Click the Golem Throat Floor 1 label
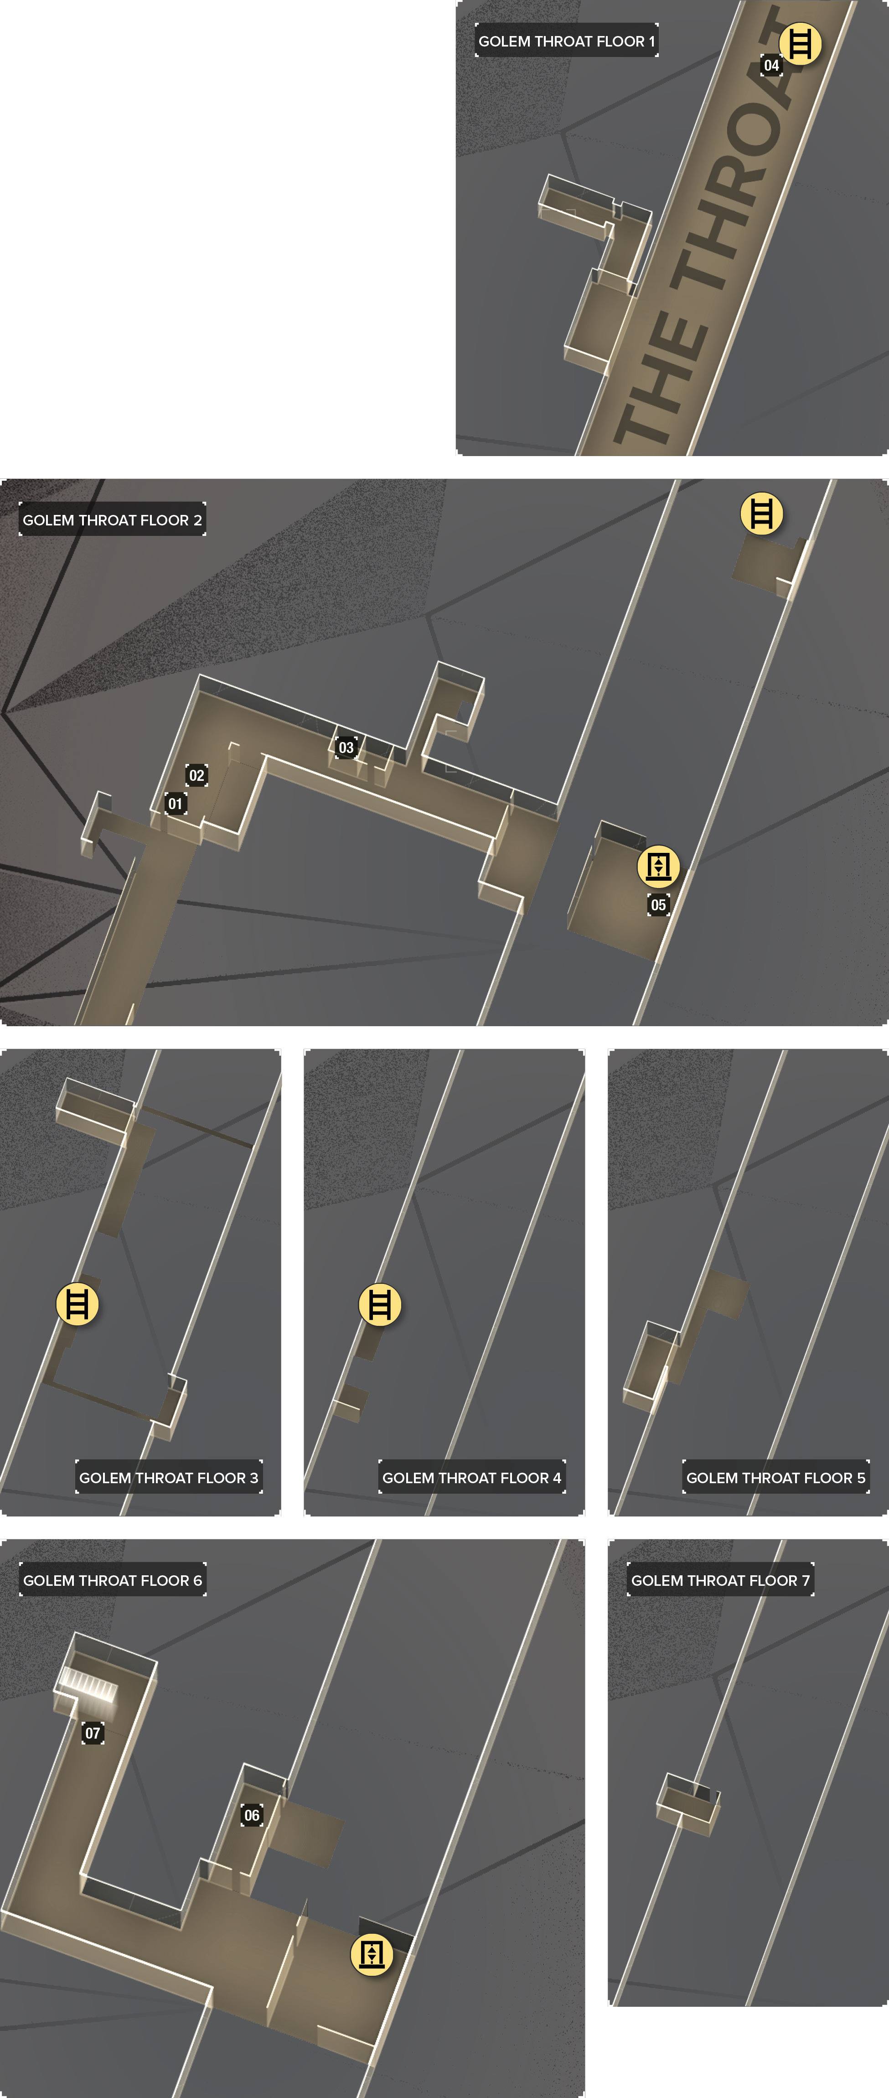pos(567,41)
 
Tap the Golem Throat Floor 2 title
pos(112,519)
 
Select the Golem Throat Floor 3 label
pos(169,1477)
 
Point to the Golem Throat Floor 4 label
pos(472,1477)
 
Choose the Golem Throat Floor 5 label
pos(776,1477)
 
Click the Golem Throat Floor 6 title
pos(112,1580)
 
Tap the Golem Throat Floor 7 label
pos(720,1580)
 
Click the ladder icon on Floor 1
pos(800,43)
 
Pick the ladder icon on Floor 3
pos(78,1304)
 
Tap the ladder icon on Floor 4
pos(380,1305)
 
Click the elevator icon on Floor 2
pos(658,866)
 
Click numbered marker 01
pos(175,804)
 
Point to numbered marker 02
pos(196,775)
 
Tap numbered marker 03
pos(346,748)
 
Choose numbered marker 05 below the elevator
pos(658,905)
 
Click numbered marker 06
pos(252,1815)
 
